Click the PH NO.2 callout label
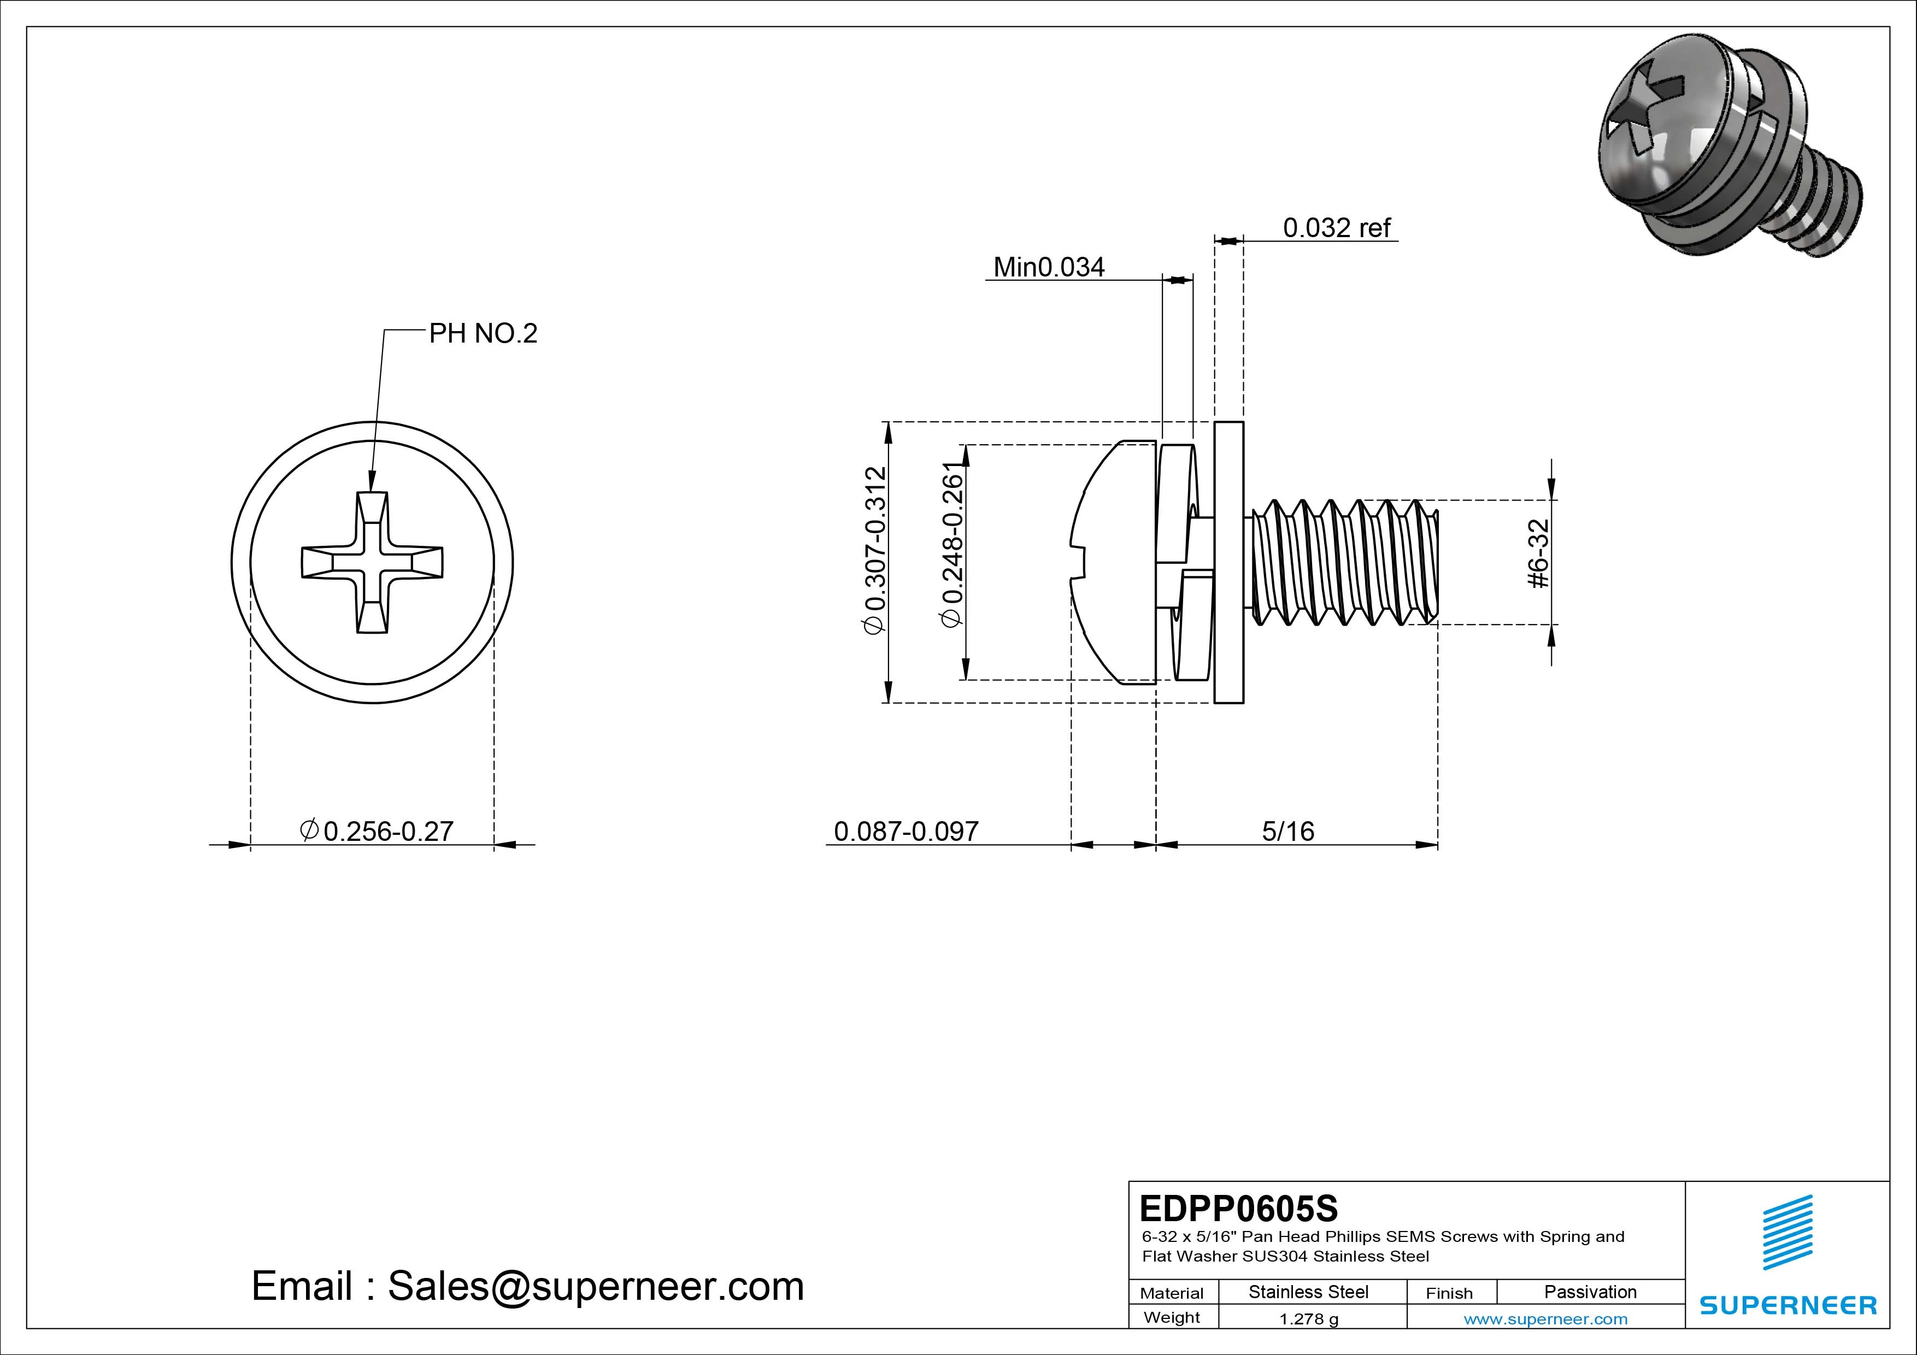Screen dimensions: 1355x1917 point(483,334)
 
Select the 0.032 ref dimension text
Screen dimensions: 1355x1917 point(1336,228)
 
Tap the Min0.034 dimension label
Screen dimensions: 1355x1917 point(1049,267)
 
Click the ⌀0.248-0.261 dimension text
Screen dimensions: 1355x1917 point(952,544)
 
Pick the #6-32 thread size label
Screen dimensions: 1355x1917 point(1539,553)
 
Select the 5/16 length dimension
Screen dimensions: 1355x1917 point(1287,832)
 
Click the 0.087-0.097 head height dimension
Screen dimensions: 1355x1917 point(906,832)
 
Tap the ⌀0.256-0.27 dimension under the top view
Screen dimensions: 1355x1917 point(378,832)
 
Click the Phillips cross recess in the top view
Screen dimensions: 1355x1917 point(372,562)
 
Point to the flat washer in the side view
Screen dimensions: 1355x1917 point(1228,562)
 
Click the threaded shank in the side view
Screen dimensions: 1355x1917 point(1344,562)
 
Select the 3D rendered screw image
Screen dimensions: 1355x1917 point(1728,155)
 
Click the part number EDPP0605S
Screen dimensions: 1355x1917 point(1238,1208)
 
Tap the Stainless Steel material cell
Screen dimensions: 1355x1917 point(1308,1292)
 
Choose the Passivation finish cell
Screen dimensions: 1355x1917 point(1590,1292)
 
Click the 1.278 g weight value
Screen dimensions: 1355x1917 point(1308,1319)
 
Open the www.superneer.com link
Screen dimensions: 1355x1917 point(1545,1319)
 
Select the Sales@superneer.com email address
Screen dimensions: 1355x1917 point(595,1287)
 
